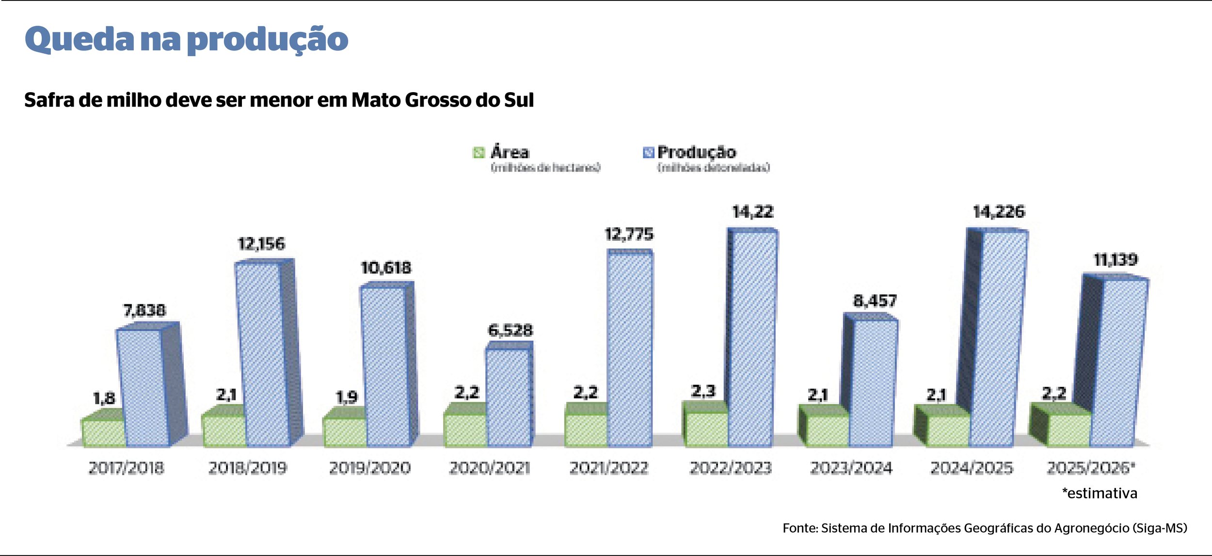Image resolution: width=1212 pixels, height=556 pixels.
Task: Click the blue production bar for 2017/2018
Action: point(143,388)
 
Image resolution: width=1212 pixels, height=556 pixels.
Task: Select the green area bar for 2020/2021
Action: point(464,430)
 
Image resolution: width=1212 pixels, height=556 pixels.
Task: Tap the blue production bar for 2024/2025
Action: point(998,339)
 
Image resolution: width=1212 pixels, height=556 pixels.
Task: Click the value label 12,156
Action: point(261,244)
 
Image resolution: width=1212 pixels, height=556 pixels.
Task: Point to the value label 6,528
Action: point(510,331)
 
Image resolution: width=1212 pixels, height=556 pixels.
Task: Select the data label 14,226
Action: point(999,212)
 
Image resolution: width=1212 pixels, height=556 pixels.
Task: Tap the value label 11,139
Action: point(1116,260)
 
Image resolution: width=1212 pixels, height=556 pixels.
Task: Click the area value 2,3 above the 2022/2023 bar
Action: point(703,391)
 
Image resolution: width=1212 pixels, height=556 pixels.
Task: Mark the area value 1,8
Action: point(104,398)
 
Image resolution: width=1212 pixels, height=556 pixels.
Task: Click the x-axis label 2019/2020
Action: point(369,468)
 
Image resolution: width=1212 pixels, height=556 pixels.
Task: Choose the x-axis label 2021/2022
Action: point(608,468)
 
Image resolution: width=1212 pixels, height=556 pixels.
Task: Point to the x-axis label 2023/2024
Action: point(851,468)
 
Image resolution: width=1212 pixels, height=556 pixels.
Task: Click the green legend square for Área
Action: point(478,153)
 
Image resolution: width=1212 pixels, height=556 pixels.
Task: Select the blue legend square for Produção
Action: point(648,153)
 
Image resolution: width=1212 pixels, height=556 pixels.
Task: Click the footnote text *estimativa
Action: point(1099,493)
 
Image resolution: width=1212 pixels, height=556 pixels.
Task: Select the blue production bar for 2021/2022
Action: point(629,349)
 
